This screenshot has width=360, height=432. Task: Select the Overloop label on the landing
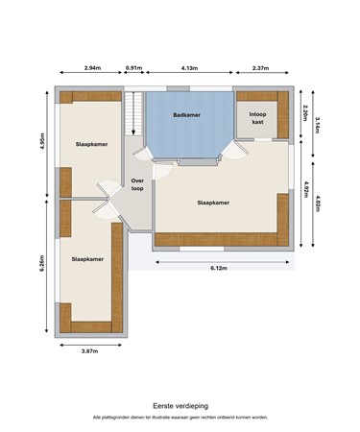[x=137, y=182]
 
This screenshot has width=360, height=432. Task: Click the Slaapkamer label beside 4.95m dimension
[x=90, y=144]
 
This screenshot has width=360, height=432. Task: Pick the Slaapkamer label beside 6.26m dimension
[x=86, y=258]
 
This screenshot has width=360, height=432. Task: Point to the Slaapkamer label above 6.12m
[x=212, y=203]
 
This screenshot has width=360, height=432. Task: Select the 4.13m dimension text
[x=189, y=68]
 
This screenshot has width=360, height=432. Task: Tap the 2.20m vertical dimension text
[x=304, y=112]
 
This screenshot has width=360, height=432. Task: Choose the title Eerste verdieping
[x=180, y=405]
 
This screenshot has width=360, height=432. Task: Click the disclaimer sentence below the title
[x=180, y=418]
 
